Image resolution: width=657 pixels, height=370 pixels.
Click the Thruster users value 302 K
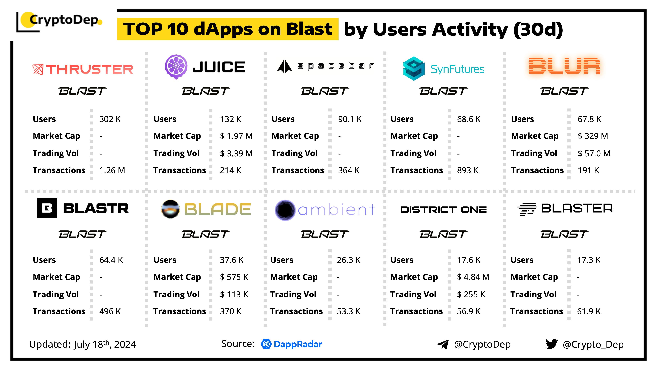pos(110,119)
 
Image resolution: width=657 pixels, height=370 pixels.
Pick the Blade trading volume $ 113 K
pos(234,294)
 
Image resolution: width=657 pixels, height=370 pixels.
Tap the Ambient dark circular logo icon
pos(285,210)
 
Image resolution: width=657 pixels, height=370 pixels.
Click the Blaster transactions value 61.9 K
pos(589,311)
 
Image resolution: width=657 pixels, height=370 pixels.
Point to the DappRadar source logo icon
pos(266,344)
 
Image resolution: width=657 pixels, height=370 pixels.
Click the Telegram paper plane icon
pos(443,344)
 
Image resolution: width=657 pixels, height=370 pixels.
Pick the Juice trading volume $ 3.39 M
pos(236,153)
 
